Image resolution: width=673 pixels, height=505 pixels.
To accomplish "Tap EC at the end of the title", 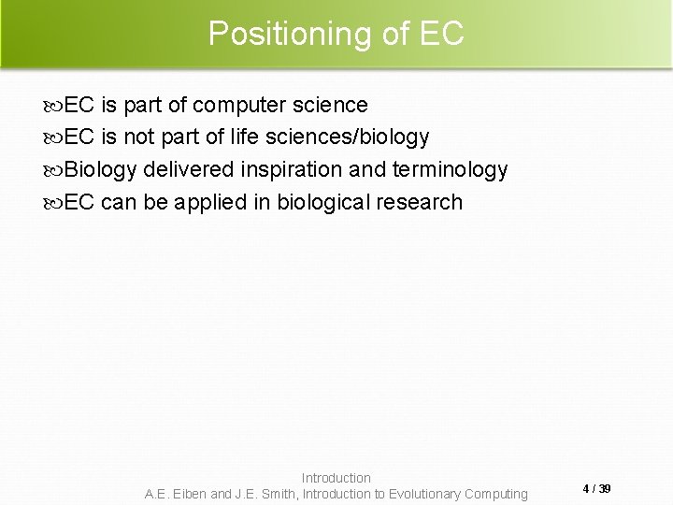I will (x=442, y=34).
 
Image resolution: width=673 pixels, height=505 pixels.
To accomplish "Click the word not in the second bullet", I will (x=139, y=137).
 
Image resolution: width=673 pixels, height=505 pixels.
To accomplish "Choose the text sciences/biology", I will (x=347, y=137).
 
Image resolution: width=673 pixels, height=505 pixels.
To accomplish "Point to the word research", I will (x=420, y=202).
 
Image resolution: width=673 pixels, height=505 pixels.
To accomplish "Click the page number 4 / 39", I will (x=596, y=489).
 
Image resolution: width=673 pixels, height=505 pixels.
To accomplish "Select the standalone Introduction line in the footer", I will (x=336, y=478).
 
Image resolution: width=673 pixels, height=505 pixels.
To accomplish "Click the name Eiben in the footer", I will (x=190, y=494).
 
